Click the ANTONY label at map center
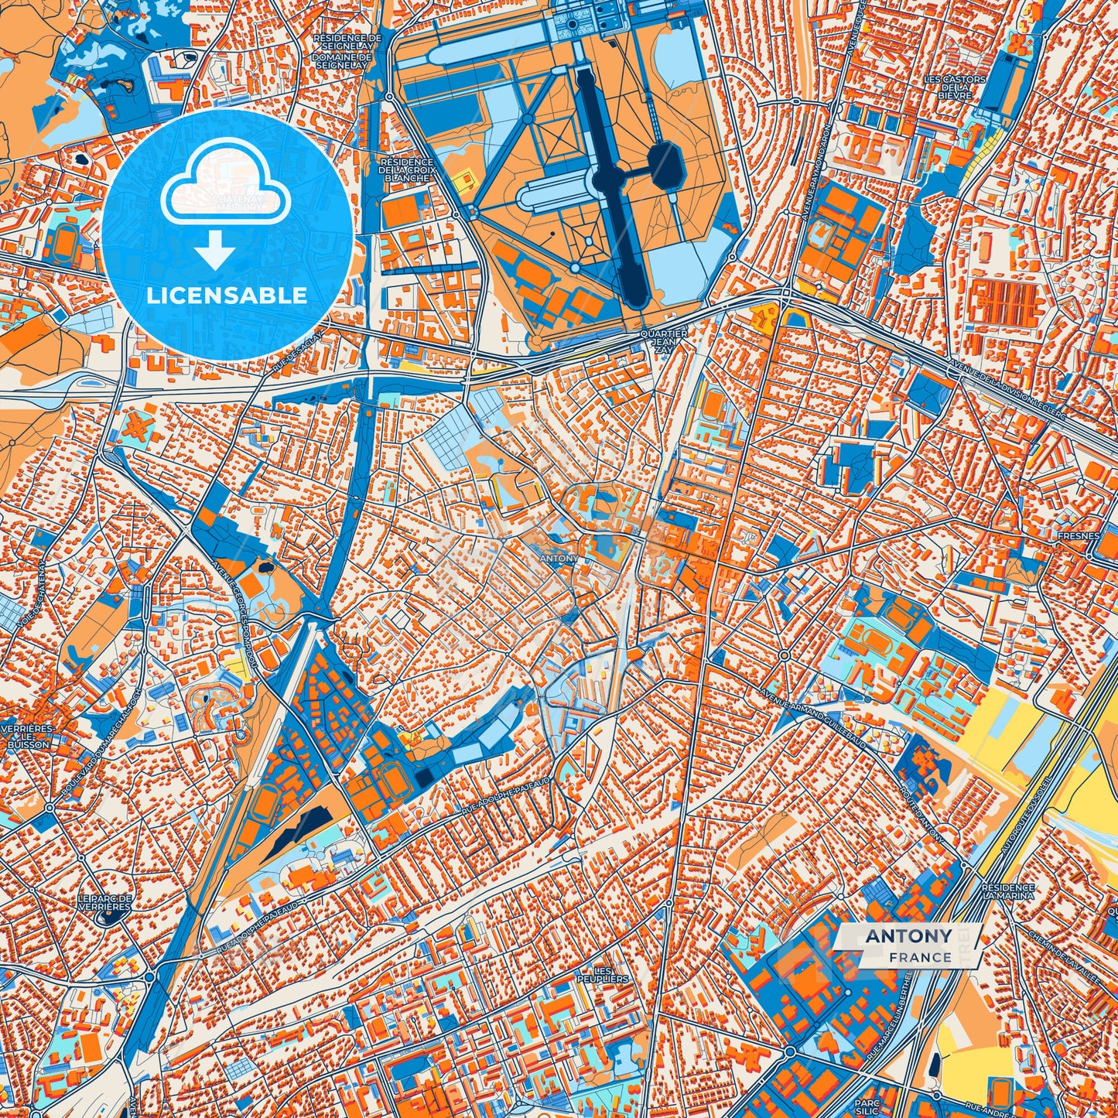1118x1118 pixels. pyautogui.click(x=558, y=559)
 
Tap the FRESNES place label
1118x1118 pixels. pyautogui.click(x=1081, y=535)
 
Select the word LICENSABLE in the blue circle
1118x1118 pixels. pyautogui.click(x=227, y=296)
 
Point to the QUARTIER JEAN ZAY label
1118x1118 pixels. pyautogui.click(x=664, y=341)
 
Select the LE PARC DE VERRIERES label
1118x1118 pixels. pyautogui.click(x=105, y=902)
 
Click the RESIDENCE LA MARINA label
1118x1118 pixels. pyautogui.click(x=1007, y=893)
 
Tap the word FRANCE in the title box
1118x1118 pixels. pyautogui.click(x=920, y=957)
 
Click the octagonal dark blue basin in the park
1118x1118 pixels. pyautogui.click(x=665, y=163)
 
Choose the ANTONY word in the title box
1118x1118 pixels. pyautogui.click(x=908, y=936)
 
